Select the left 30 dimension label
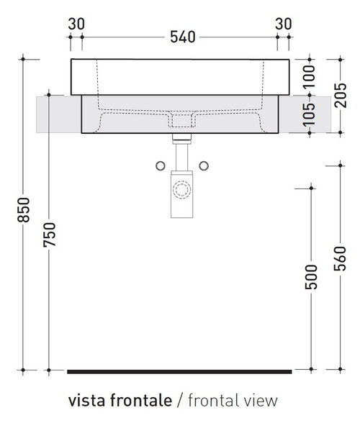76,23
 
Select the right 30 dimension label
283,23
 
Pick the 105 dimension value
310,114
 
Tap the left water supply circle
159,166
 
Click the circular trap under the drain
181,191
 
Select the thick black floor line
179,372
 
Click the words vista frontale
120,400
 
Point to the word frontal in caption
210,400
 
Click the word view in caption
260,400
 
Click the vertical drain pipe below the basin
181,155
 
